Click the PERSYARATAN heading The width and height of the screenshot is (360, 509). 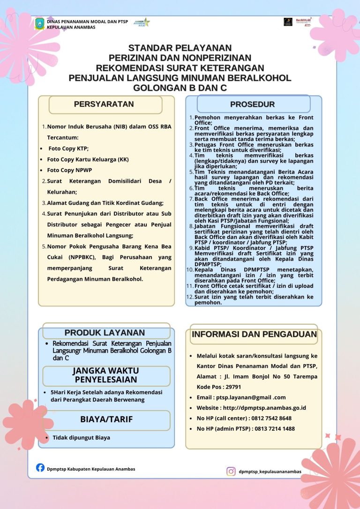104,104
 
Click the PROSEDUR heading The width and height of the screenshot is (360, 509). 252,104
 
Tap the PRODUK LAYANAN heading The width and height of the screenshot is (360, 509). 105,332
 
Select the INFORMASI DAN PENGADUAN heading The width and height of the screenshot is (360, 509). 254,334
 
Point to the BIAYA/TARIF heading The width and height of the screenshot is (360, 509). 106,419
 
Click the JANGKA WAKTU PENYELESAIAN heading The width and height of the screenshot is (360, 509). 106,375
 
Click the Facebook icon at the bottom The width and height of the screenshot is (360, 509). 40,468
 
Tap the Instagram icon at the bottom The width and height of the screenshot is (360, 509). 231,471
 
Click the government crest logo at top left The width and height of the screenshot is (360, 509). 40,23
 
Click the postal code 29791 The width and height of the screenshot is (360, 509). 233,387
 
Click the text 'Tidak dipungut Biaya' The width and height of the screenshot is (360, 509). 81,437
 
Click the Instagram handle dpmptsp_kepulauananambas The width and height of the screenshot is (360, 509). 270,472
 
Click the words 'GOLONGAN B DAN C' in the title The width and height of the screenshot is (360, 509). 180,87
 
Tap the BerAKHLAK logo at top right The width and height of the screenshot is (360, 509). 304,22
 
